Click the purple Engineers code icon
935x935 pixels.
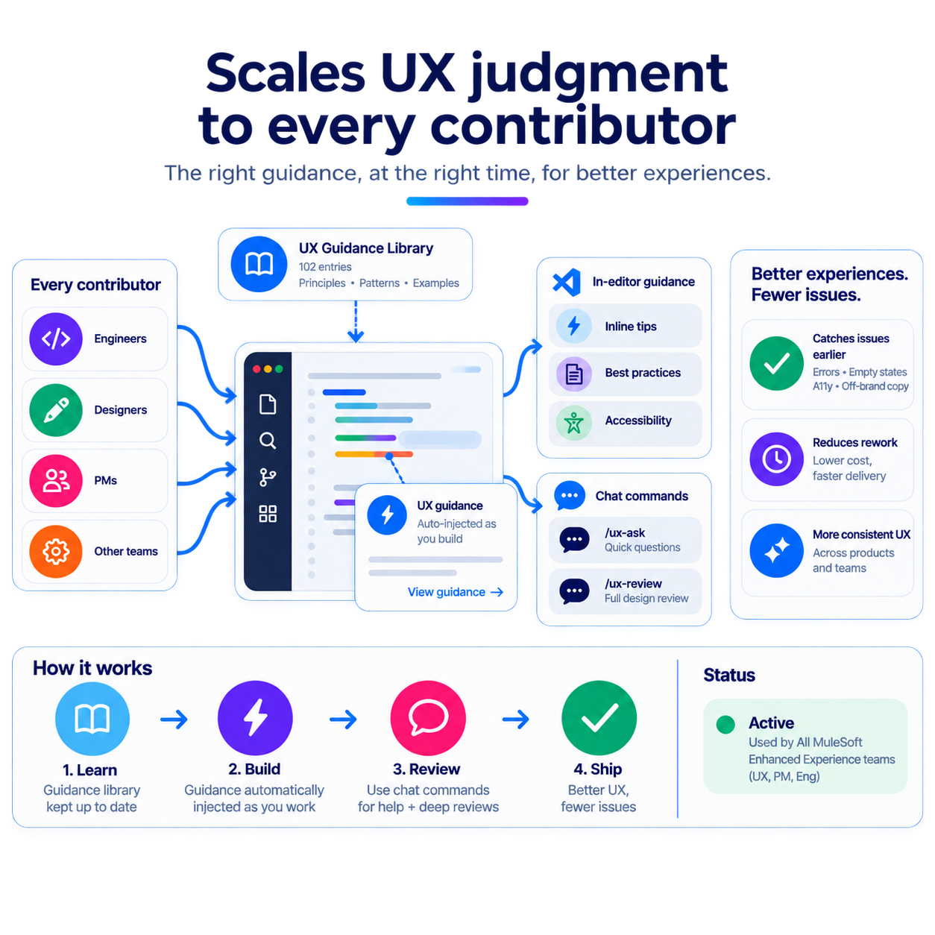coord(56,339)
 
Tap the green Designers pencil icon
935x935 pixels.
coord(56,410)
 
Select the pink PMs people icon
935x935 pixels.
coord(56,481)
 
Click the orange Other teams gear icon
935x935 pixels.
coord(56,552)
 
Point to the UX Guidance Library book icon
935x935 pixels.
coord(259,264)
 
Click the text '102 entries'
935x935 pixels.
coord(325,267)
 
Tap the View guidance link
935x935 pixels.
coord(455,592)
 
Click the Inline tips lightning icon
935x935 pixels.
coord(574,326)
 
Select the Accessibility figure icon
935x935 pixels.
coord(574,423)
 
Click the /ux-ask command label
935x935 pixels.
coord(625,533)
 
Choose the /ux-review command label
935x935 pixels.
coord(633,584)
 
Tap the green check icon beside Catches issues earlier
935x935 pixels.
coord(776,363)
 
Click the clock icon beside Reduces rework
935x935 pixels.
coord(776,459)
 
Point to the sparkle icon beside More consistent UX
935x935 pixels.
coord(776,551)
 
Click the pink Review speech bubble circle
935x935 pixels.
coord(428,718)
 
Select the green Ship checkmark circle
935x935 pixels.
coord(599,718)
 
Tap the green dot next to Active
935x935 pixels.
coord(725,725)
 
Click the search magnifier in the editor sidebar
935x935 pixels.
coord(268,441)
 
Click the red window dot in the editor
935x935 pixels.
coord(256,369)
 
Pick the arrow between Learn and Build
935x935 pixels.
coord(174,719)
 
